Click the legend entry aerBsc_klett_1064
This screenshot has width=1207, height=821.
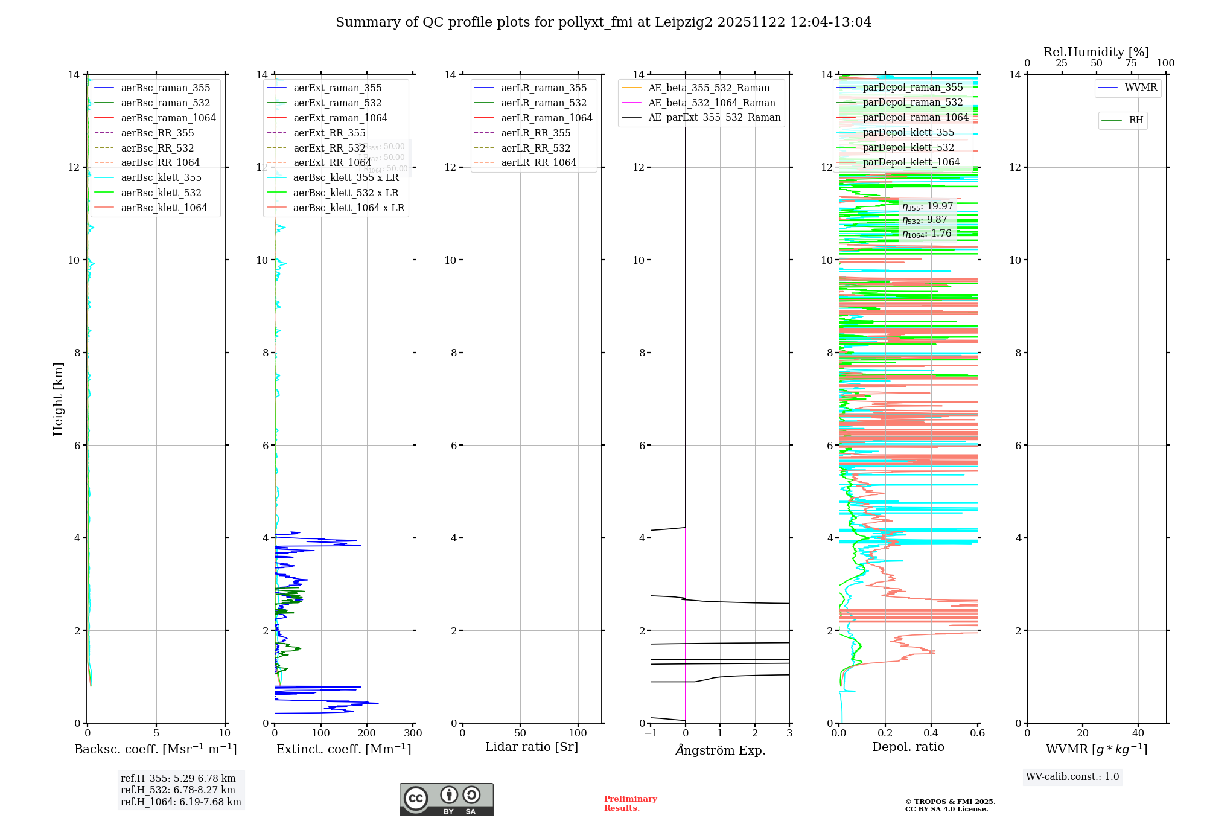164,208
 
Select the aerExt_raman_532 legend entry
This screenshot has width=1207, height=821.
337,103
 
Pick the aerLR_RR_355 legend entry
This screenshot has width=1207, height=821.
535,133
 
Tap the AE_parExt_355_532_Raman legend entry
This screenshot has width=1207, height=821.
714,118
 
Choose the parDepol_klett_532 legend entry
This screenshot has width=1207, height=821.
908,147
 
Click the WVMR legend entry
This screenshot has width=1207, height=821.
1141,88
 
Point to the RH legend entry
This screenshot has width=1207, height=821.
1136,120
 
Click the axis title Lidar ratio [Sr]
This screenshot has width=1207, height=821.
532,747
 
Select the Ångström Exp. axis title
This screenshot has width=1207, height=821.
721,750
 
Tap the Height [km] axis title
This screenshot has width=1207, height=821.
58,399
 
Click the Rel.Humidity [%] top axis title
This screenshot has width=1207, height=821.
1096,52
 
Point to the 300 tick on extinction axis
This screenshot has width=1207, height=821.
413,733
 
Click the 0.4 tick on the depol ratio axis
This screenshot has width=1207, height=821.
931,733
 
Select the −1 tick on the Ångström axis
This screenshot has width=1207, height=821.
651,733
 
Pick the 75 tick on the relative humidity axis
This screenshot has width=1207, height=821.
1131,63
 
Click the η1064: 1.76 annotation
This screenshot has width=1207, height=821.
926,234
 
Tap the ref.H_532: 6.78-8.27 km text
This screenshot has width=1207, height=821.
178,790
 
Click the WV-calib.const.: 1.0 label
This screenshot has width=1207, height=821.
1072,776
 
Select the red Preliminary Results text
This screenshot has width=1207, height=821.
630,803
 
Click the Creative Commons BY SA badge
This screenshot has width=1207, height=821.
446,799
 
